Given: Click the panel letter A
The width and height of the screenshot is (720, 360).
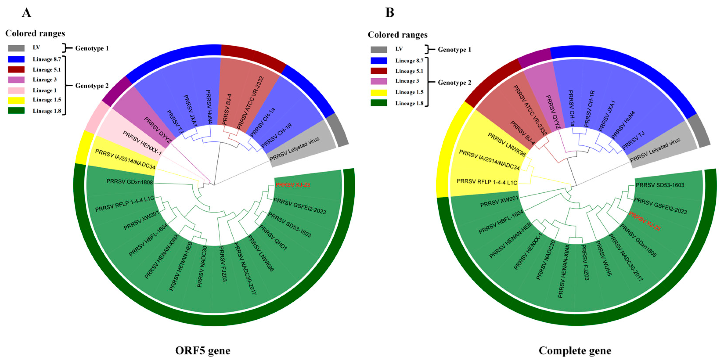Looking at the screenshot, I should point(27,13).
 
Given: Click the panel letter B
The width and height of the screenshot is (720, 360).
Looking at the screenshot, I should point(390,13).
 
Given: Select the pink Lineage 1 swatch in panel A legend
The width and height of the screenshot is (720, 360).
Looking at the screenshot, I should point(16,90).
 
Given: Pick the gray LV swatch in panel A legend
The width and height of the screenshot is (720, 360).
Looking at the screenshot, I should point(16,48).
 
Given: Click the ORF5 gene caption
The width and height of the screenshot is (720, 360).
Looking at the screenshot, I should point(203,350).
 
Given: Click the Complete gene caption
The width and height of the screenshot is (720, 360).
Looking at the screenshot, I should point(575,350).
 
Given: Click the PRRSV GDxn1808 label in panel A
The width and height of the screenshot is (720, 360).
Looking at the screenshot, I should point(130,182).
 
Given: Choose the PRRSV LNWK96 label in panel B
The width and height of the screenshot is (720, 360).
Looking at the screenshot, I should point(507,144).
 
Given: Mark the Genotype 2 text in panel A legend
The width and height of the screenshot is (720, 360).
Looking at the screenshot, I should point(92,86).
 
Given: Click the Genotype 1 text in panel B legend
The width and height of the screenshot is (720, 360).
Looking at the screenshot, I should point(454,50).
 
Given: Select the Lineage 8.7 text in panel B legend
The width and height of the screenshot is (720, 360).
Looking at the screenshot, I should point(409,61).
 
